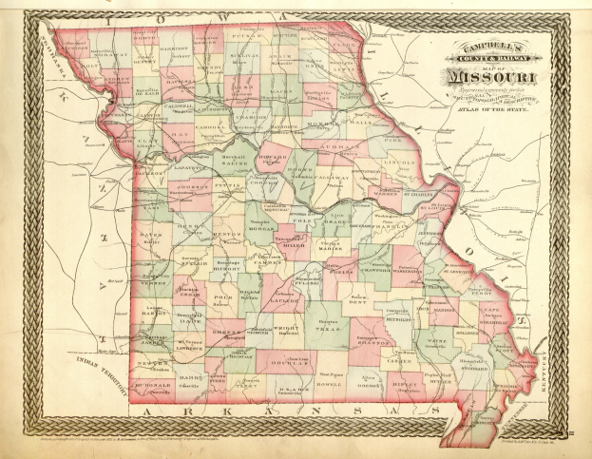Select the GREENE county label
coord(221,333)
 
